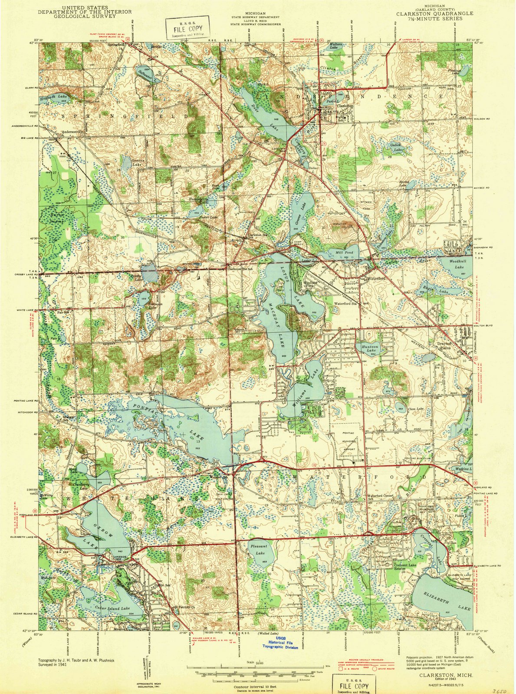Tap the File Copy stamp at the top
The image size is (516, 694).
pyautogui.click(x=182, y=28)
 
